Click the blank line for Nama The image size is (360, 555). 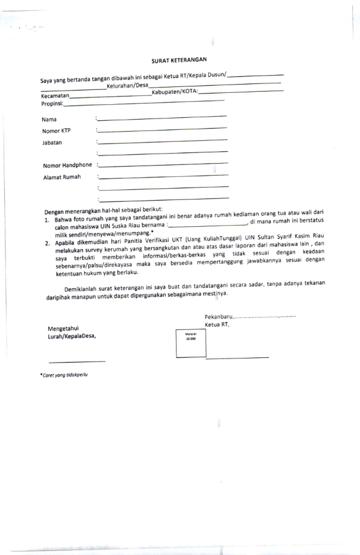[162, 117]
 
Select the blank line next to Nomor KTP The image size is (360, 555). [162, 129]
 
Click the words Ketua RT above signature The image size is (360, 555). [217, 325]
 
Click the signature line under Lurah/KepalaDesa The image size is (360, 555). [77, 361]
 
